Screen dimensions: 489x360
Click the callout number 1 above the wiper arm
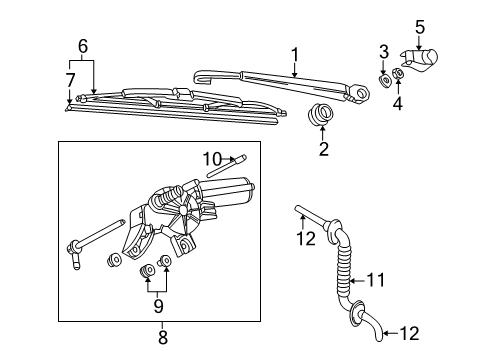(x=295, y=55)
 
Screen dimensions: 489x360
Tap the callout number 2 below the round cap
(x=324, y=149)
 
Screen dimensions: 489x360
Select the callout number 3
(x=384, y=52)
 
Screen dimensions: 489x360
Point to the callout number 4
(x=397, y=103)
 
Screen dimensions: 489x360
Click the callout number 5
(x=420, y=27)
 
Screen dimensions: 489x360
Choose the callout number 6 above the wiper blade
(x=83, y=46)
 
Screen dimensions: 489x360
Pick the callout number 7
(x=70, y=80)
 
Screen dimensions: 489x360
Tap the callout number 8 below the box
(x=163, y=337)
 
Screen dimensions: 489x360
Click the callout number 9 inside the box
(x=158, y=306)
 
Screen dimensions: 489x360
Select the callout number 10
(x=212, y=159)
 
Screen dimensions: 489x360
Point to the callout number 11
(x=376, y=280)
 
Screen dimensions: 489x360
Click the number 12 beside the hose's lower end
(x=409, y=333)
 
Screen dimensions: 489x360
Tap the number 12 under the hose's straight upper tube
(x=306, y=238)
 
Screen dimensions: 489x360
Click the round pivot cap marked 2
(x=320, y=114)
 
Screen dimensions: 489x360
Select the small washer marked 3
(x=385, y=81)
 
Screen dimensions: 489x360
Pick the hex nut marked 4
(x=398, y=73)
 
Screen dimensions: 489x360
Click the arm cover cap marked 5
(x=420, y=60)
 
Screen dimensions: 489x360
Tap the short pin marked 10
(x=226, y=166)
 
